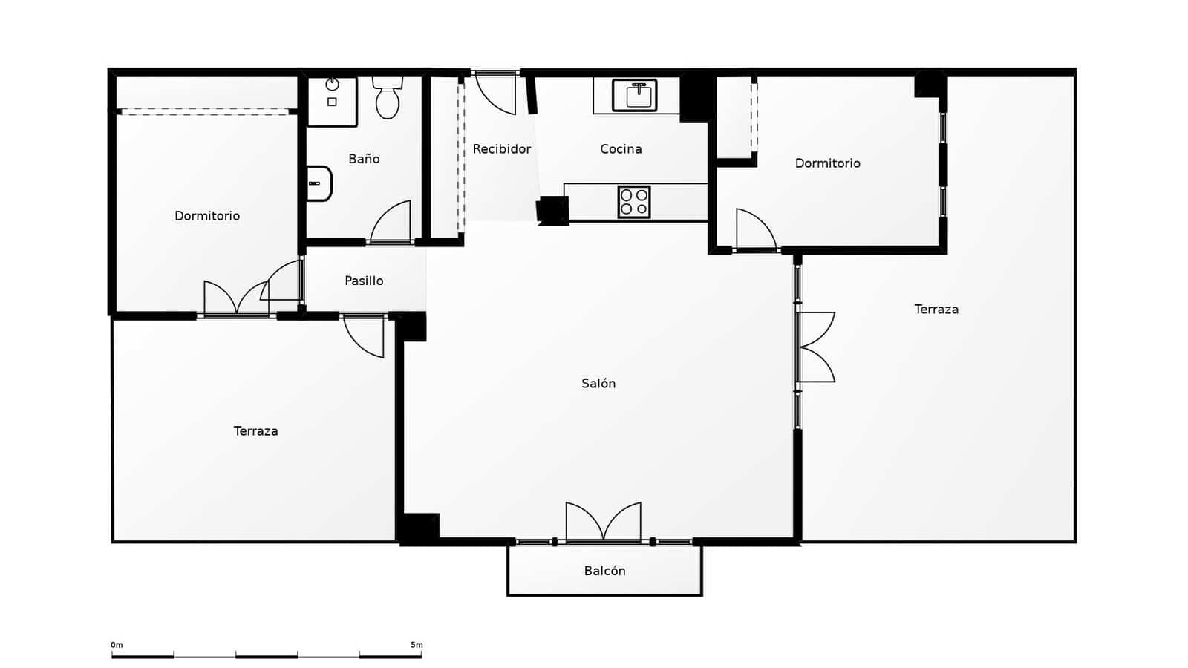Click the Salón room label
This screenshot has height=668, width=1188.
pos(598,383)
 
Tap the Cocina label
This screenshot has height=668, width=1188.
pos(621,149)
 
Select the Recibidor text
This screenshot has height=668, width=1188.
pos(502,149)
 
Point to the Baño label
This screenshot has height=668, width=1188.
pos(364,159)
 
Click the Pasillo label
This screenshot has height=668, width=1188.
pos(364,281)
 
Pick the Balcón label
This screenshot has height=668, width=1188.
pos(604,571)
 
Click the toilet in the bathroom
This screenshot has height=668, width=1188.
pos(388,98)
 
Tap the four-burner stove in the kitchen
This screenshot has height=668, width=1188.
pos(634,202)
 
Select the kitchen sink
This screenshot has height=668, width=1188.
pos(635,95)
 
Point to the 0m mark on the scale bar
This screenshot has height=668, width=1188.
pos(117,645)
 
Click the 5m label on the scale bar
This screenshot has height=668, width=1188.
pos(417,645)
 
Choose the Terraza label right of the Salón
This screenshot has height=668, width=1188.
pos(936,310)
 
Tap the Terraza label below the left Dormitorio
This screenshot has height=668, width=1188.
pos(255,431)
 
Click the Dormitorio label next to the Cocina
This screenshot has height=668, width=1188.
pos(827,163)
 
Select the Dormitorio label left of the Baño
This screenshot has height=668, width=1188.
pos(207,216)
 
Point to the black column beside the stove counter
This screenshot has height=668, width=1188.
pos(552,210)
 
